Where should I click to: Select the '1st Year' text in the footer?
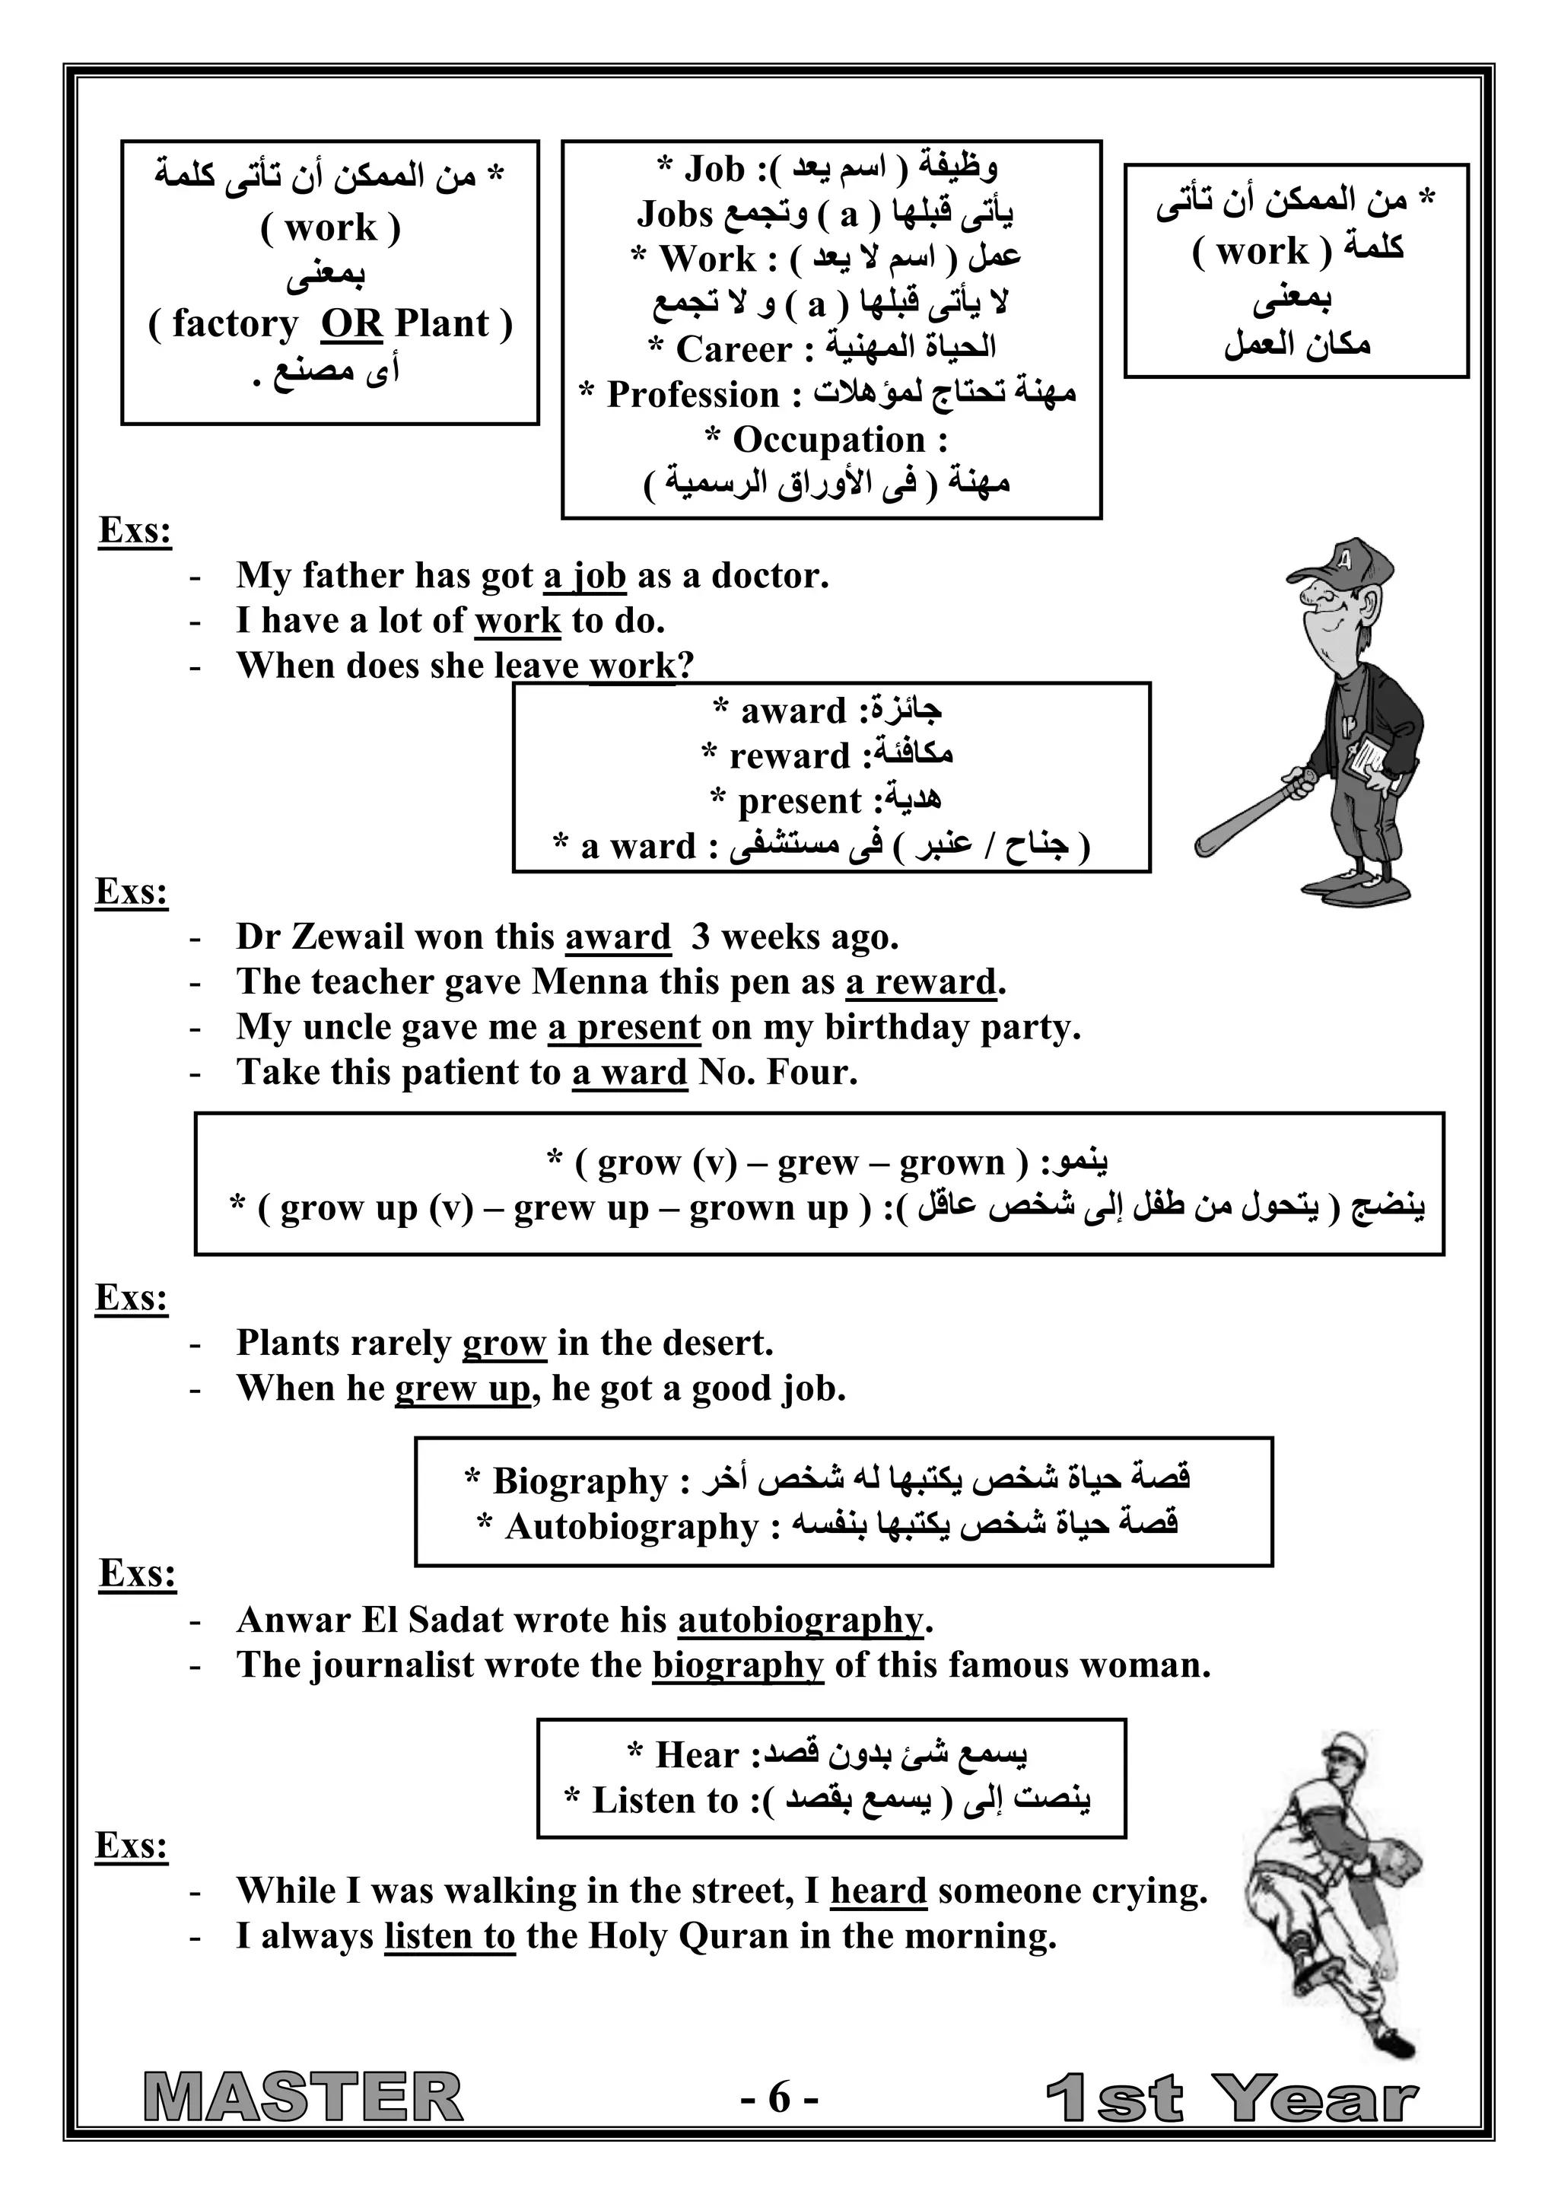tap(1231, 2098)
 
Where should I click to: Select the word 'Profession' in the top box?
tap(692, 395)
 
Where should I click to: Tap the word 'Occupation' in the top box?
tap(828, 440)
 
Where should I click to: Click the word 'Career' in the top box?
tap(734, 349)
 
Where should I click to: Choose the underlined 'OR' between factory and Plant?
tap(351, 323)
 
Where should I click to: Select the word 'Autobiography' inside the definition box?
tap(631, 1526)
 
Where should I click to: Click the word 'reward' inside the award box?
tap(789, 756)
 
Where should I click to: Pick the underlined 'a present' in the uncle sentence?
tap(624, 1027)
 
